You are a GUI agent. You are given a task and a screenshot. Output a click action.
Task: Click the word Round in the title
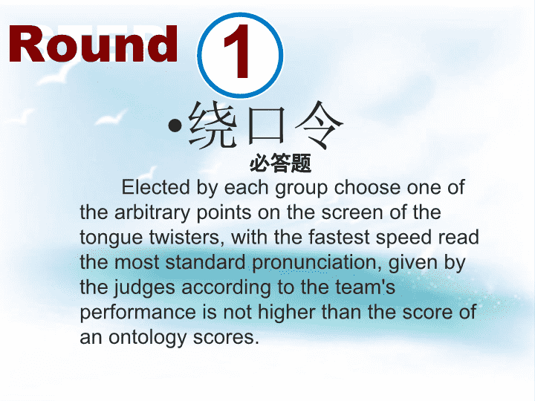point(93,44)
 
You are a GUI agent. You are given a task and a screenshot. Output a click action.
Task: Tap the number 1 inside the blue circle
point(237,51)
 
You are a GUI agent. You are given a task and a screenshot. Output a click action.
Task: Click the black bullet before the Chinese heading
point(175,125)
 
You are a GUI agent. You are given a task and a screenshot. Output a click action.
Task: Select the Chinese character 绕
point(213,125)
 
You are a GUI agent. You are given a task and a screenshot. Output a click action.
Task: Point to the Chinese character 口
point(267,125)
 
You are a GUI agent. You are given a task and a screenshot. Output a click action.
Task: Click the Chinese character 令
point(319,125)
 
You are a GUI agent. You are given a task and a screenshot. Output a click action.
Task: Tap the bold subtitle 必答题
point(280,163)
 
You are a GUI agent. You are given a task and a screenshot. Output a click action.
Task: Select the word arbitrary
point(152,213)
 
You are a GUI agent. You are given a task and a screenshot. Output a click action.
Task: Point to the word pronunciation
point(317,263)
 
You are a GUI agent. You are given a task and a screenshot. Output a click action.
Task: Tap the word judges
point(145,288)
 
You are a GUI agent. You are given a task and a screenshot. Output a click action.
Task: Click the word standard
point(205,263)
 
